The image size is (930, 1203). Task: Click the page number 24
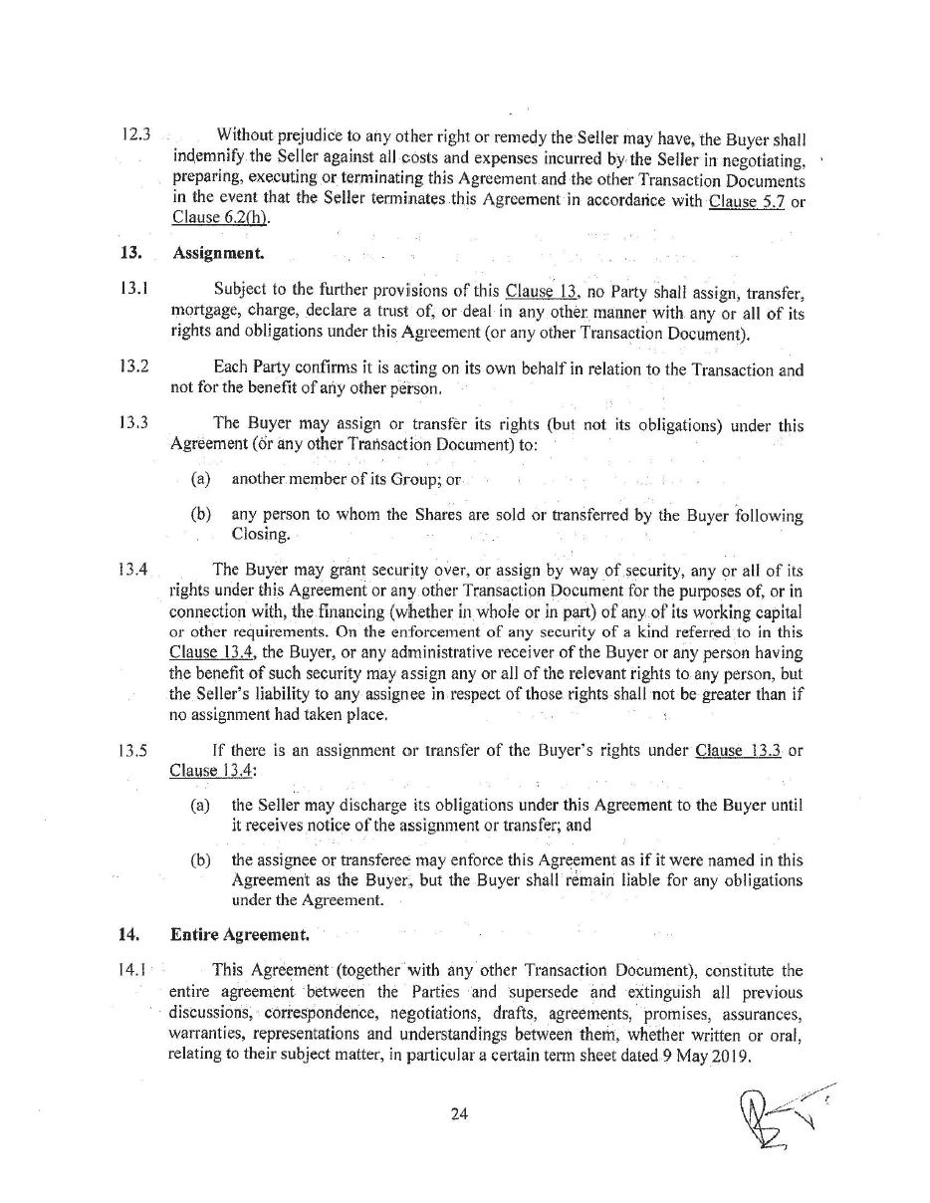(459, 1114)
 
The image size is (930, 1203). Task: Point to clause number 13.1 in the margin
(133, 291)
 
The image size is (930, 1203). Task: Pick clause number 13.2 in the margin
(133, 365)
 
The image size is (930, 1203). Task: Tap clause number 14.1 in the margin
(133, 969)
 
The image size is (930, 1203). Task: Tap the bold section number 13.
(127, 253)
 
